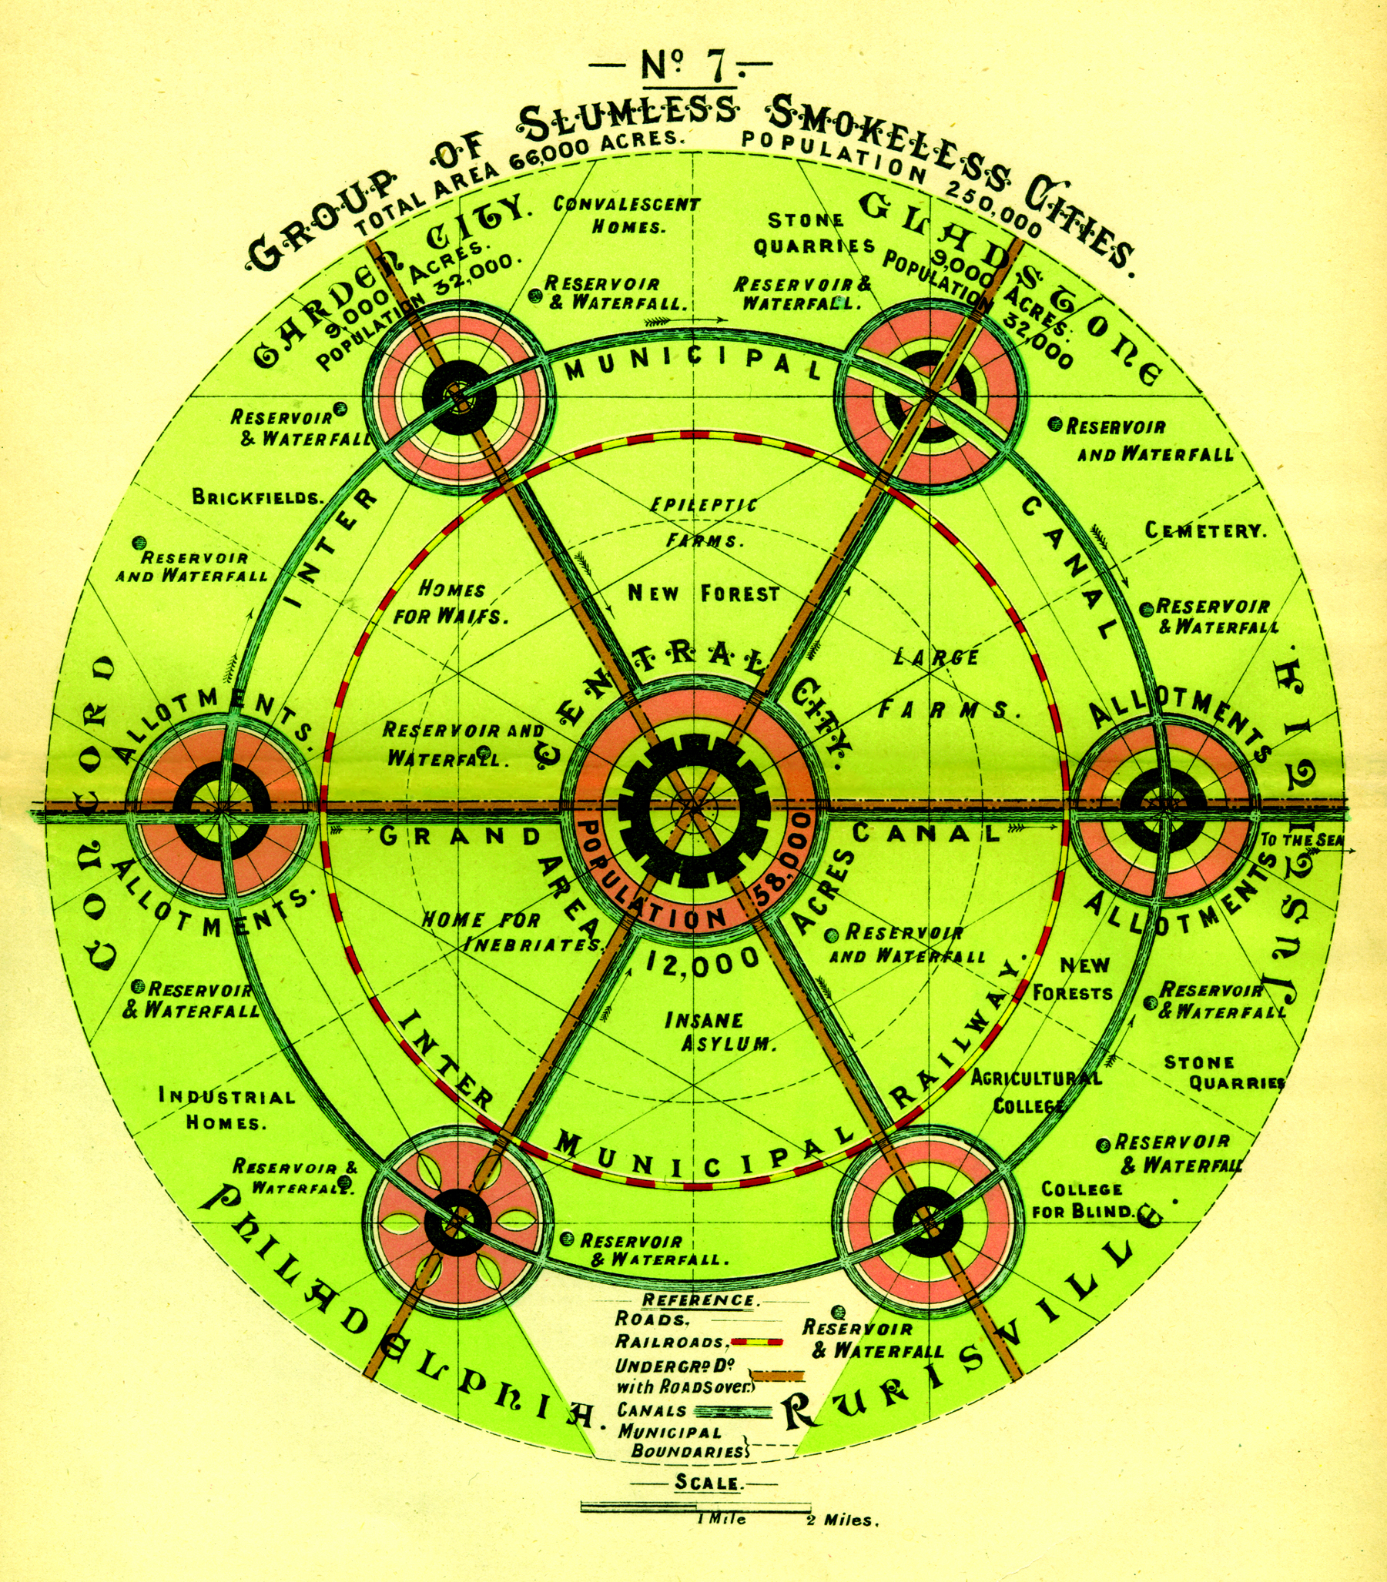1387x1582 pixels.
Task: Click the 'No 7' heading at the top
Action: pos(681,67)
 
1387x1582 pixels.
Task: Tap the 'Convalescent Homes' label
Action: pos(627,216)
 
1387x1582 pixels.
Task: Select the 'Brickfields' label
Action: pos(258,497)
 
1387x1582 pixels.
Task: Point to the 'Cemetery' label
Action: pos(1206,530)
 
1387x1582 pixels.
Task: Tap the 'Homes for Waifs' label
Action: pos(452,604)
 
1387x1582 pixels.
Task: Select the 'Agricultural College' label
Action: pos(1034,1091)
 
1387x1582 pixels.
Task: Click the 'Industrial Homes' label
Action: pos(226,1108)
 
